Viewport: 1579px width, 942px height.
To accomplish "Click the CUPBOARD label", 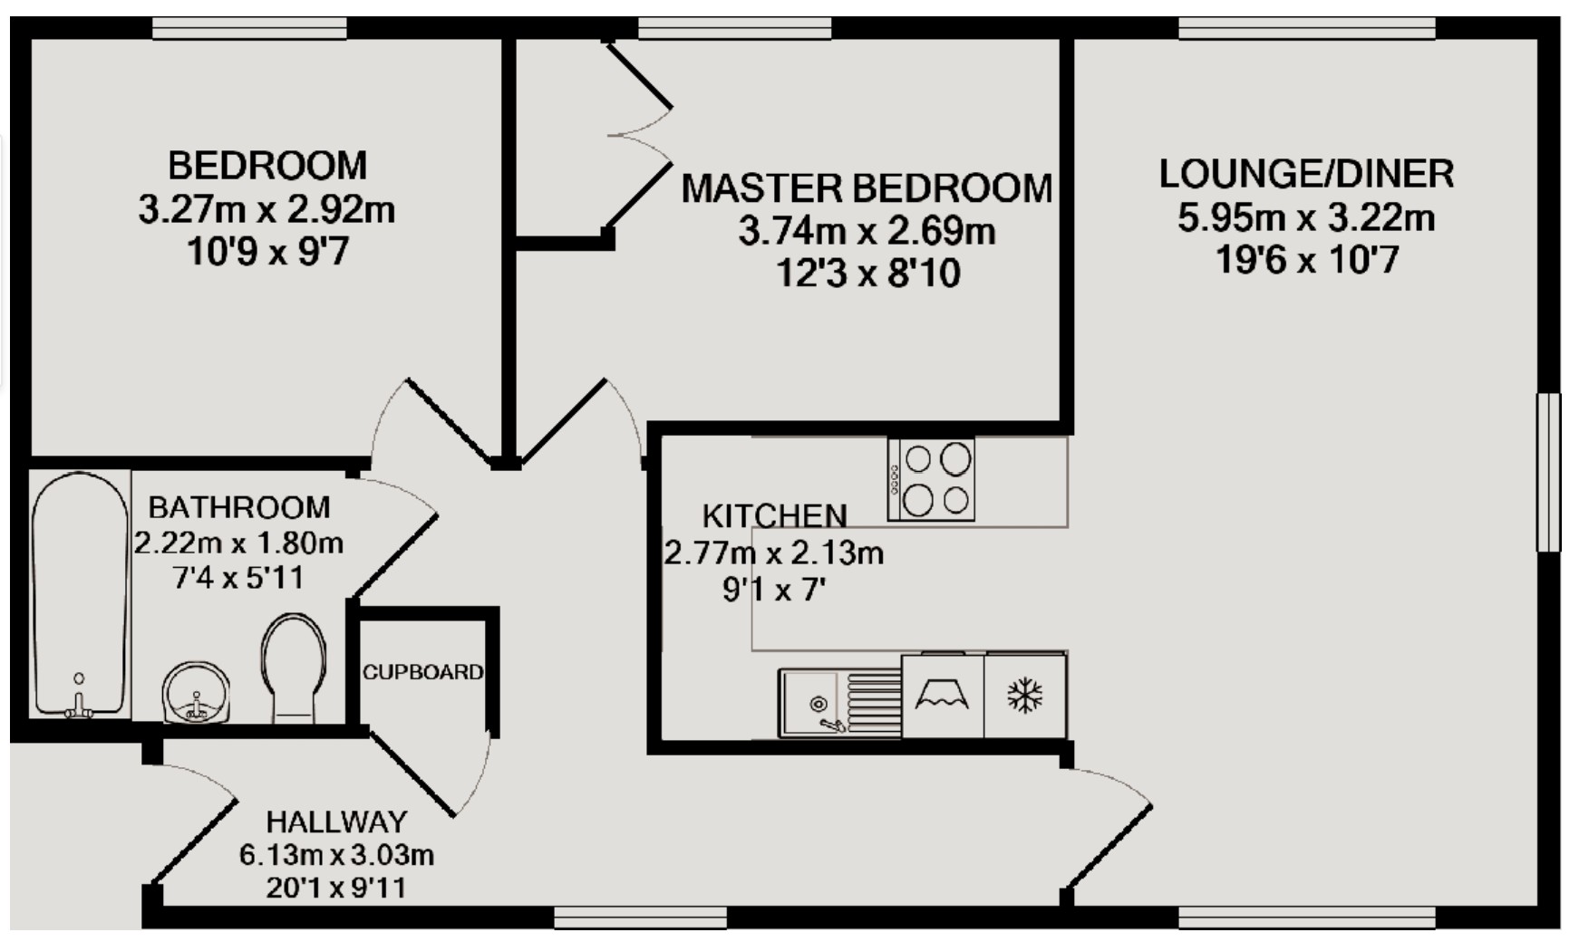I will (x=422, y=672).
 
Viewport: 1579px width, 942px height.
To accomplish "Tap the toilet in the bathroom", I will (x=293, y=668).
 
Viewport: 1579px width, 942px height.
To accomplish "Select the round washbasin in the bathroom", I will (x=196, y=693).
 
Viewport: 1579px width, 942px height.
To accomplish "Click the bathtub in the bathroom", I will (x=80, y=593).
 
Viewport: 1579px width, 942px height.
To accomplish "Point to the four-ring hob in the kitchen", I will (x=932, y=480).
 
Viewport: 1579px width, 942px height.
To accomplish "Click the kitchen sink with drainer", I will (x=839, y=704).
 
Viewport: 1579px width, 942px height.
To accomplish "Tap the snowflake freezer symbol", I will (x=1025, y=696).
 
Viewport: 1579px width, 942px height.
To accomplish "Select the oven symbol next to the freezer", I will (x=943, y=696).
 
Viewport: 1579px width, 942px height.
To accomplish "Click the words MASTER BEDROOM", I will (x=867, y=188).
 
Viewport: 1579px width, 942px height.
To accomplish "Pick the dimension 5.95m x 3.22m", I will (x=1306, y=218).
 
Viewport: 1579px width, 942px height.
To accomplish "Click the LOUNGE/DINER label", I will (x=1306, y=174).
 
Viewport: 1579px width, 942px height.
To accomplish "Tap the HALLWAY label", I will (x=336, y=822).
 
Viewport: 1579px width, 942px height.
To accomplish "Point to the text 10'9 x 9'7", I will (x=267, y=253).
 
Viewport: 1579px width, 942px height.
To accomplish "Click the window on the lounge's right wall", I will (x=1548, y=472).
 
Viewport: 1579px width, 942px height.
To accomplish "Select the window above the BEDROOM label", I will (x=249, y=29).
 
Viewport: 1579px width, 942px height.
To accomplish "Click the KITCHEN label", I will (x=774, y=515).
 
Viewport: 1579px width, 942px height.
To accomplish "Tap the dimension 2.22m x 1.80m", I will (x=238, y=543).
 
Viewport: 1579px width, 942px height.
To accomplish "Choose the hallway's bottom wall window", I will (x=640, y=918).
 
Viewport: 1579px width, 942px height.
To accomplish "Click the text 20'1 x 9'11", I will (x=336, y=888).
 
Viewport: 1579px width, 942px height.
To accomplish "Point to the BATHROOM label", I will (x=239, y=506).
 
